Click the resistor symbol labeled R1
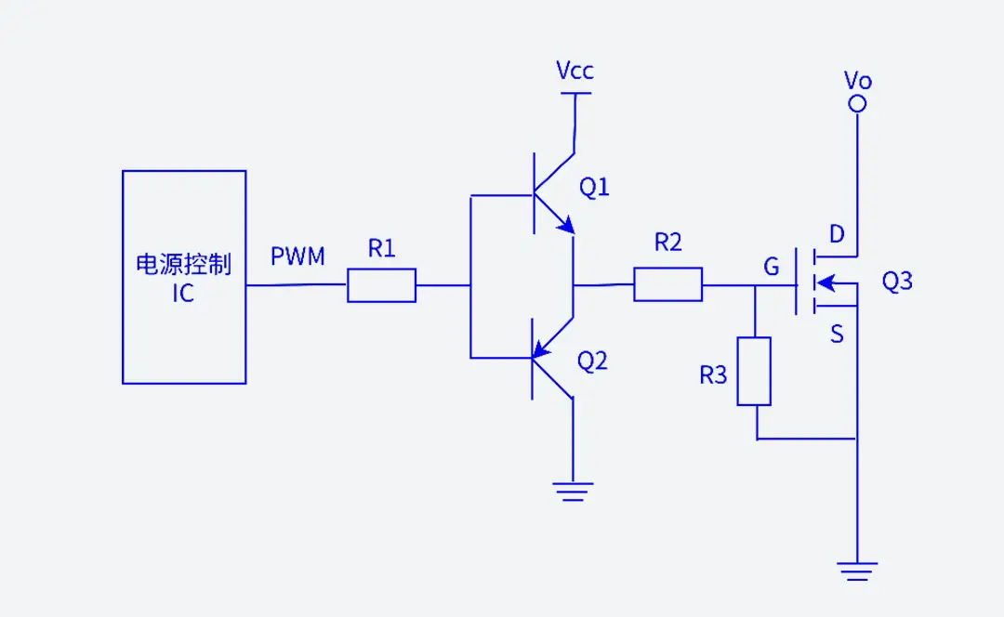(381, 285)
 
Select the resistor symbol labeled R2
(667, 284)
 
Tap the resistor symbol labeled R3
(754, 372)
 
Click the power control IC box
(184, 277)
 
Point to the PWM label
(297, 256)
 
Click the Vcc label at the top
(575, 71)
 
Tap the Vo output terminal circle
(858, 104)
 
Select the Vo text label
(857, 80)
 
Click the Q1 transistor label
(594, 188)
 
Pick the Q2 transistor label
(592, 361)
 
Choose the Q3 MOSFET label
(896, 282)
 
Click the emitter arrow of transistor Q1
(564, 224)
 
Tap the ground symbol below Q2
(573, 491)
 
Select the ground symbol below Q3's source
(857, 570)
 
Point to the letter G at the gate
(771, 268)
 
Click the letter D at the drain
(837, 235)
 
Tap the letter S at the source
(837, 334)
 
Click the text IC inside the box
(183, 295)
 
